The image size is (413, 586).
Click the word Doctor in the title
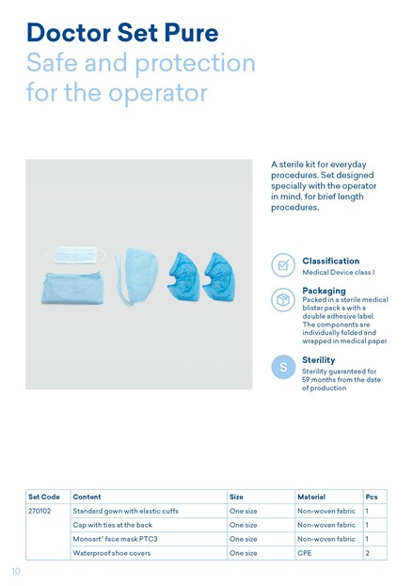click(x=69, y=33)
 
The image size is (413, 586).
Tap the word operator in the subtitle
click(x=158, y=93)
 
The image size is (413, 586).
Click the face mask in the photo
click(x=75, y=255)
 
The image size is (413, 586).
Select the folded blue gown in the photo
click(x=72, y=288)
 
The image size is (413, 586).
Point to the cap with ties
click(x=137, y=276)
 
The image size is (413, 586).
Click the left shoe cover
click(x=183, y=277)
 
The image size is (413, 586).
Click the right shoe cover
click(x=219, y=277)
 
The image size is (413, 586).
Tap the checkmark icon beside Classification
click(x=283, y=265)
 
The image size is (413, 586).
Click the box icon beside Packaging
click(x=283, y=300)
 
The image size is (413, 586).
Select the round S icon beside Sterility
click(x=283, y=367)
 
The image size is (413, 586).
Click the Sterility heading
click(x=318, y=360)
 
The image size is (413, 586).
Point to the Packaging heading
click(x=324, y=291)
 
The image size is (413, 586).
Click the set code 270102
click(x=40, y=511)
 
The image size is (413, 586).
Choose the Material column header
click(x=311, y=497)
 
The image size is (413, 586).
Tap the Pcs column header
click(x=372, y=497)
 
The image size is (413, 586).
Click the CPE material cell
click(x=304, y=553)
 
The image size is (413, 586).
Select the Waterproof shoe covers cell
click(x=112, y=553)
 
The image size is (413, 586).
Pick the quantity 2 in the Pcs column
click(x=368, y=553)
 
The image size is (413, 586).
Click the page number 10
click(x=16, y=571)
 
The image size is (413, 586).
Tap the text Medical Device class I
click(x=339, y=273)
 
